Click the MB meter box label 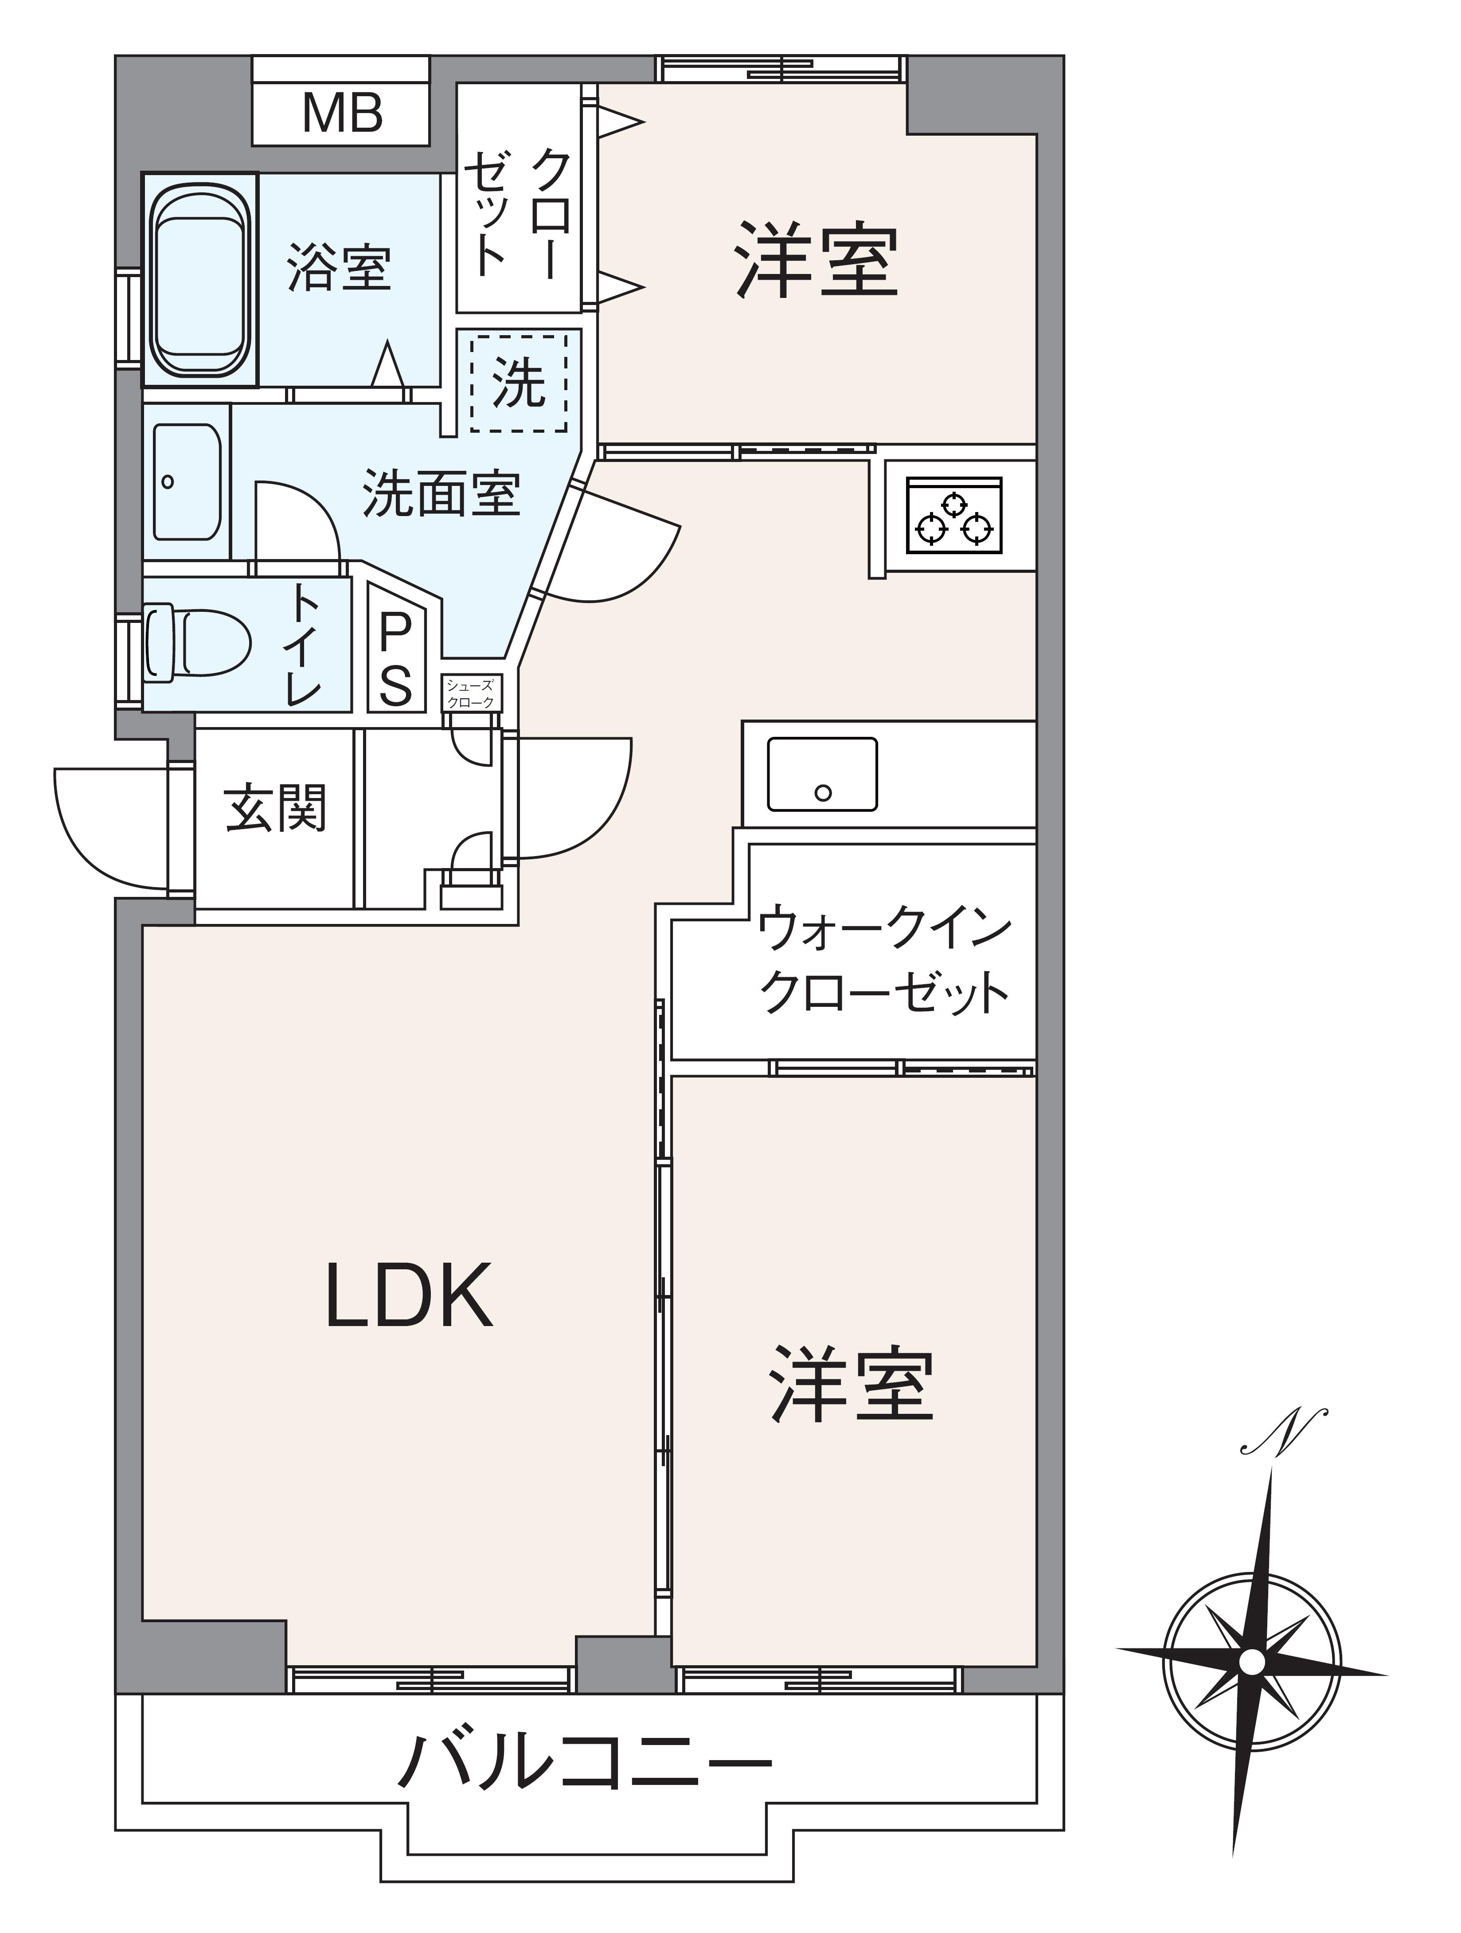tap(342, 113)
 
